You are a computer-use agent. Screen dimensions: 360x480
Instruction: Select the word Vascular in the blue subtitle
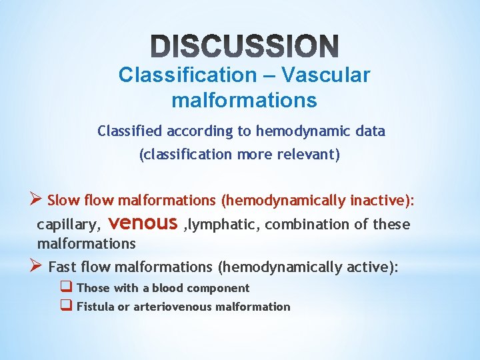(x=325, y=75)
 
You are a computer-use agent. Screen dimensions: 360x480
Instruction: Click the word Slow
(x=63, y=200)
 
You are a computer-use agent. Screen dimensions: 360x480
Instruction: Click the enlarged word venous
(x=146, y=222)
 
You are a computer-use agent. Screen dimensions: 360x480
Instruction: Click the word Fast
(x=63, y=267)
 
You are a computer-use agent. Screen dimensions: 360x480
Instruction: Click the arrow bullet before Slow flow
(x=37, y=199)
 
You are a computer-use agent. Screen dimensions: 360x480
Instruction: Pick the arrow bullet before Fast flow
(x=37, y=266)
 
